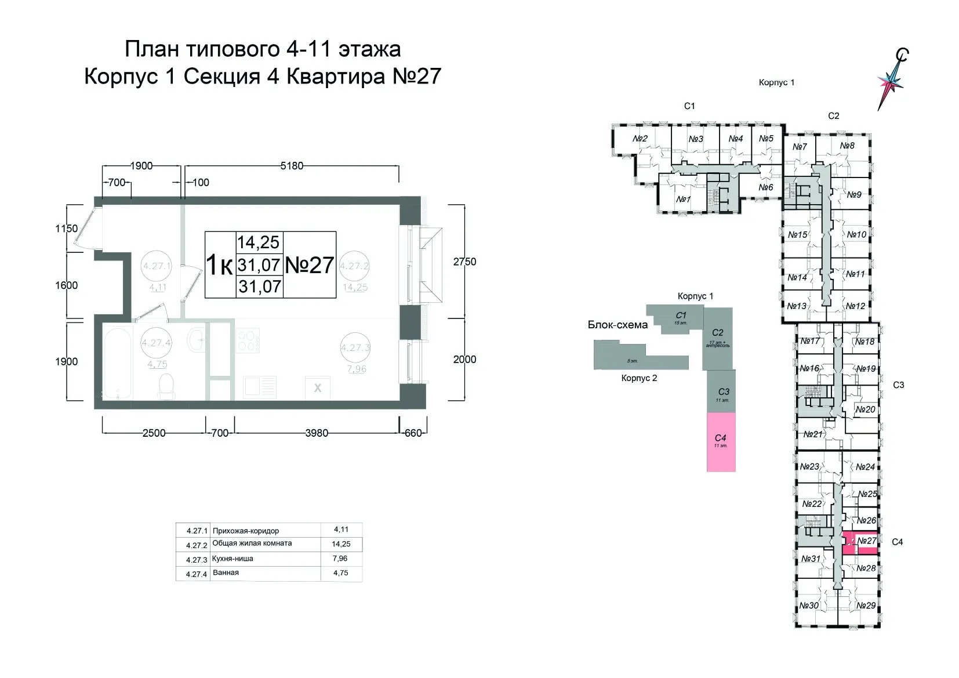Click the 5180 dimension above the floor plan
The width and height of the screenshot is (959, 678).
pos(292,166)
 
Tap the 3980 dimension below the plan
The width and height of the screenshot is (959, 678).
pos(317,433)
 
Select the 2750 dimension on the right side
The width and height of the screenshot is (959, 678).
pos(464,262)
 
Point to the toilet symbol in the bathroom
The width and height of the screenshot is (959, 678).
pos(166,385)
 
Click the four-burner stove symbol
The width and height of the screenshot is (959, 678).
pos(248,339)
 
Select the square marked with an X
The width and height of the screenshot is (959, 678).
pos(318,388)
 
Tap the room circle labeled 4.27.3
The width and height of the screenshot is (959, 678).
pos(355,348)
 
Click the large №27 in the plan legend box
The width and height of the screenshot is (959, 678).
pos(310,265)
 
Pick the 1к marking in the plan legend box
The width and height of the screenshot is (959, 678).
pos(220,266)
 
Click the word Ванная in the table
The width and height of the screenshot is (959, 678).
pos(226,572)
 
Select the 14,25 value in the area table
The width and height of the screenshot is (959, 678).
pos(341,544)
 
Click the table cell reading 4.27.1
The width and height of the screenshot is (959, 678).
pos(197,531)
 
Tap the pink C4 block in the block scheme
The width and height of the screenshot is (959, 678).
pos(721,441)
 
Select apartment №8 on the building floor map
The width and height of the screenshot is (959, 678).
pos(847,145)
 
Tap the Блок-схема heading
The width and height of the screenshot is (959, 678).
pos(617,325)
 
